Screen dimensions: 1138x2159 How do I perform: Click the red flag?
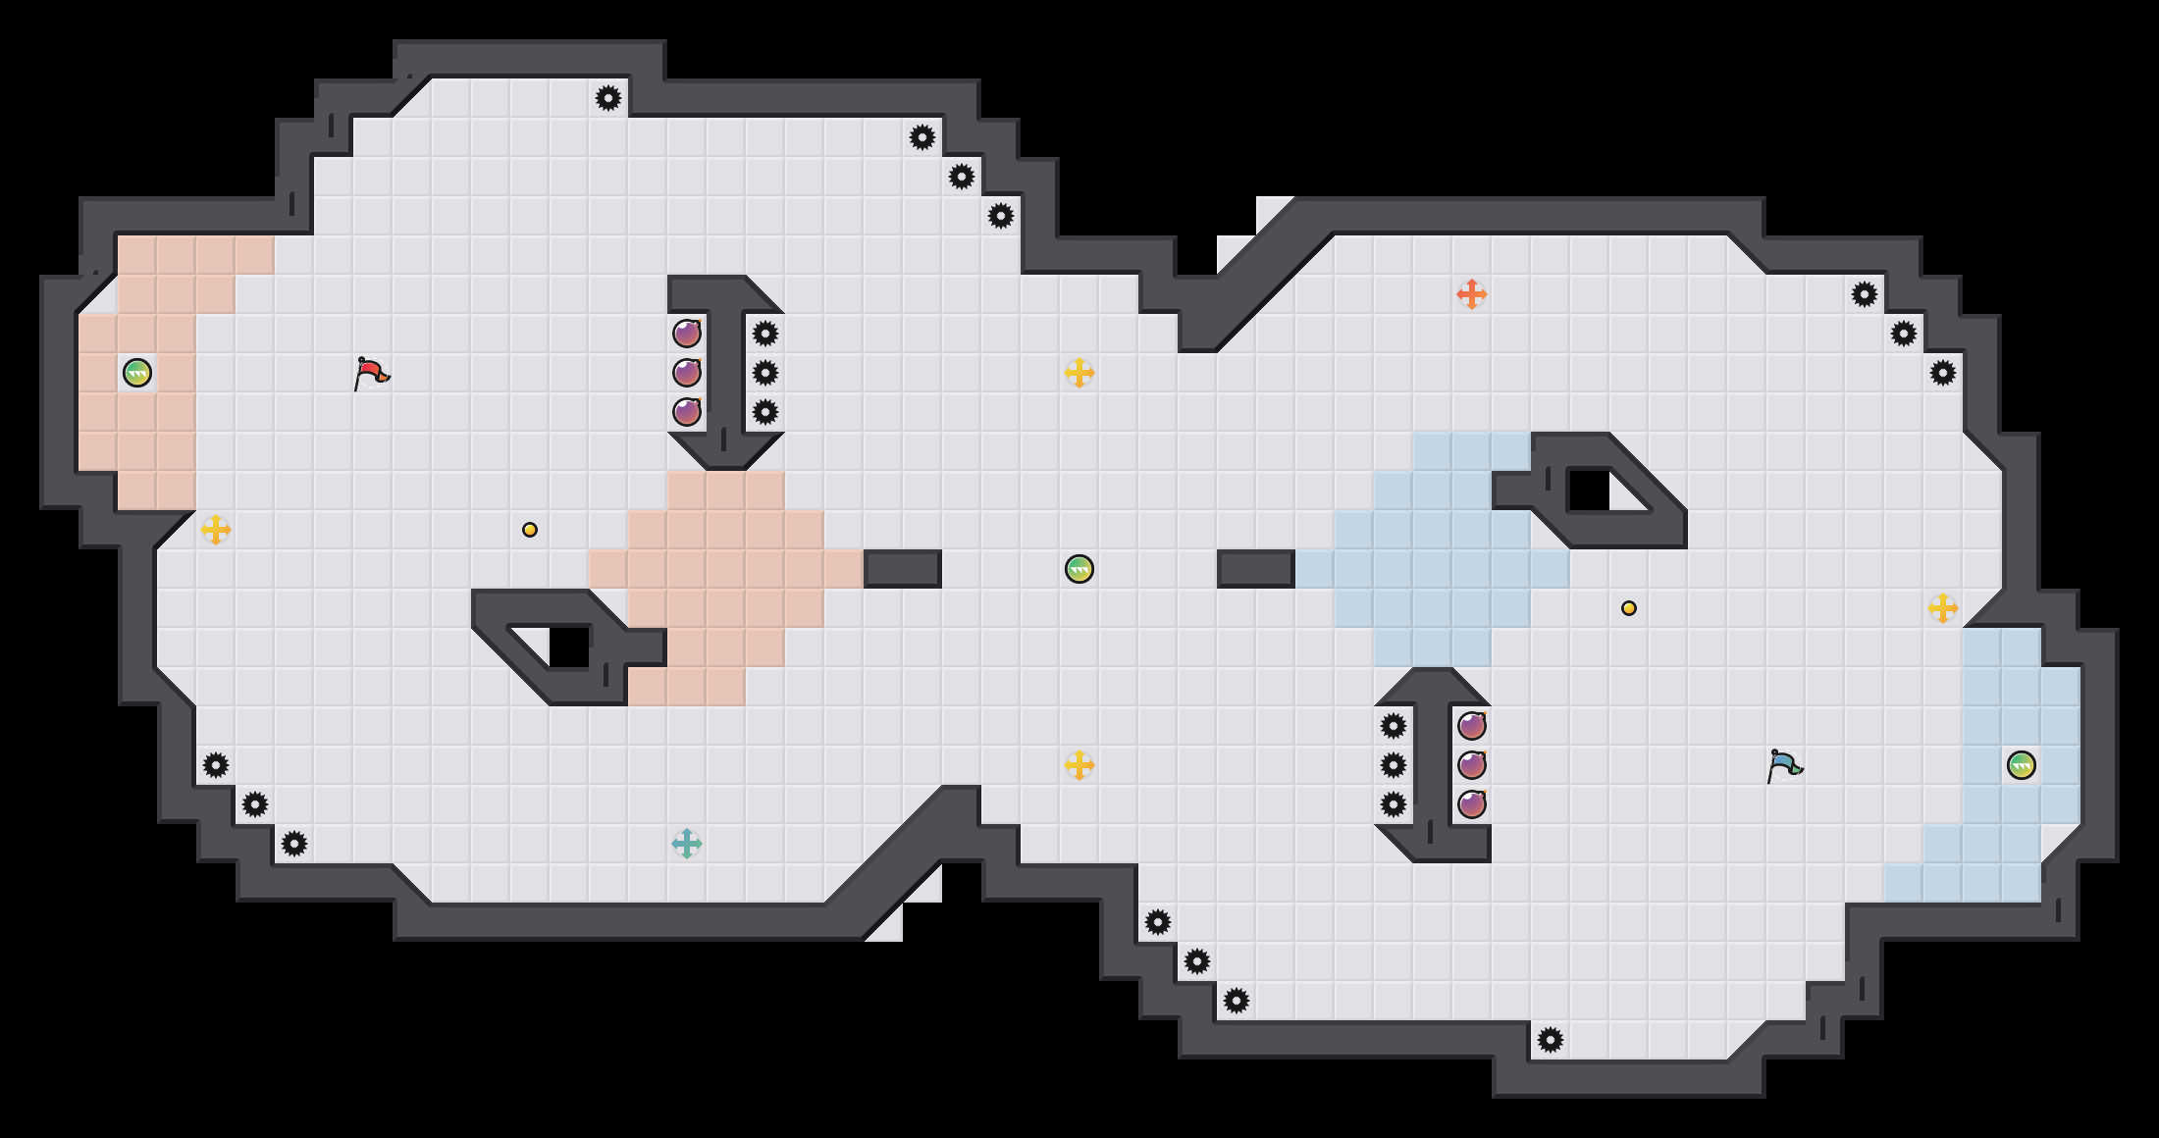[x=371, y=373]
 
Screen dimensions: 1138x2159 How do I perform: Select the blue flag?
[x=1784, y=765]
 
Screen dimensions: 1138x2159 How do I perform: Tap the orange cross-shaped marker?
[x=1471, y=294]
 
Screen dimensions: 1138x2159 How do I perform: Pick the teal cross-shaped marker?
[x=687, y=844]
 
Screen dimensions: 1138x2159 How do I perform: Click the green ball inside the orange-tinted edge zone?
[x=137, y=373]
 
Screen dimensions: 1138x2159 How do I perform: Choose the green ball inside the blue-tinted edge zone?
[x=2022, y=765]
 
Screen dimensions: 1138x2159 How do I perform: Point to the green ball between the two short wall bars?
[x=1079, y=569]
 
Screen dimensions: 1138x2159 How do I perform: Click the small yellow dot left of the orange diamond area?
[x=530, y=530]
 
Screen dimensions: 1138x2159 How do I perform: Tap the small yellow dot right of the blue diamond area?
[x=1629, y=608]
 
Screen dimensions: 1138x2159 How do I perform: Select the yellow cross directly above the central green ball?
[x=1079, y=373]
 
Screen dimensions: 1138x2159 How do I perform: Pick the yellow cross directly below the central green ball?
[x=1079, y=765]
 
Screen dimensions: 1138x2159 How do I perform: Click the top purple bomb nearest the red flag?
[x=687, y=334]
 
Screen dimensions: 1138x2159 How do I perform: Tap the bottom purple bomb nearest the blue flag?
[x=1472, y=804]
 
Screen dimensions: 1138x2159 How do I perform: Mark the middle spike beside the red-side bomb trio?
[x=765, y=373]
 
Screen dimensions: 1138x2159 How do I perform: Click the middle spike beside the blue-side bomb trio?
[x=1394, y=765]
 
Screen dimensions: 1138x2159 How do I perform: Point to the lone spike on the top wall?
[x=608, y=98]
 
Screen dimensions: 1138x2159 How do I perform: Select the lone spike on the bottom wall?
[x=1551, y=1040]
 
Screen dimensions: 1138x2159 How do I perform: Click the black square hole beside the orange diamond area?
[x=569, y=647]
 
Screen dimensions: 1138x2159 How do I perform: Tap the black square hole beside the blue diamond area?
[x=1589, y=491]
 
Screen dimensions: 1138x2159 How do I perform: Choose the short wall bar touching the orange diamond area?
[x=903, y=569]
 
